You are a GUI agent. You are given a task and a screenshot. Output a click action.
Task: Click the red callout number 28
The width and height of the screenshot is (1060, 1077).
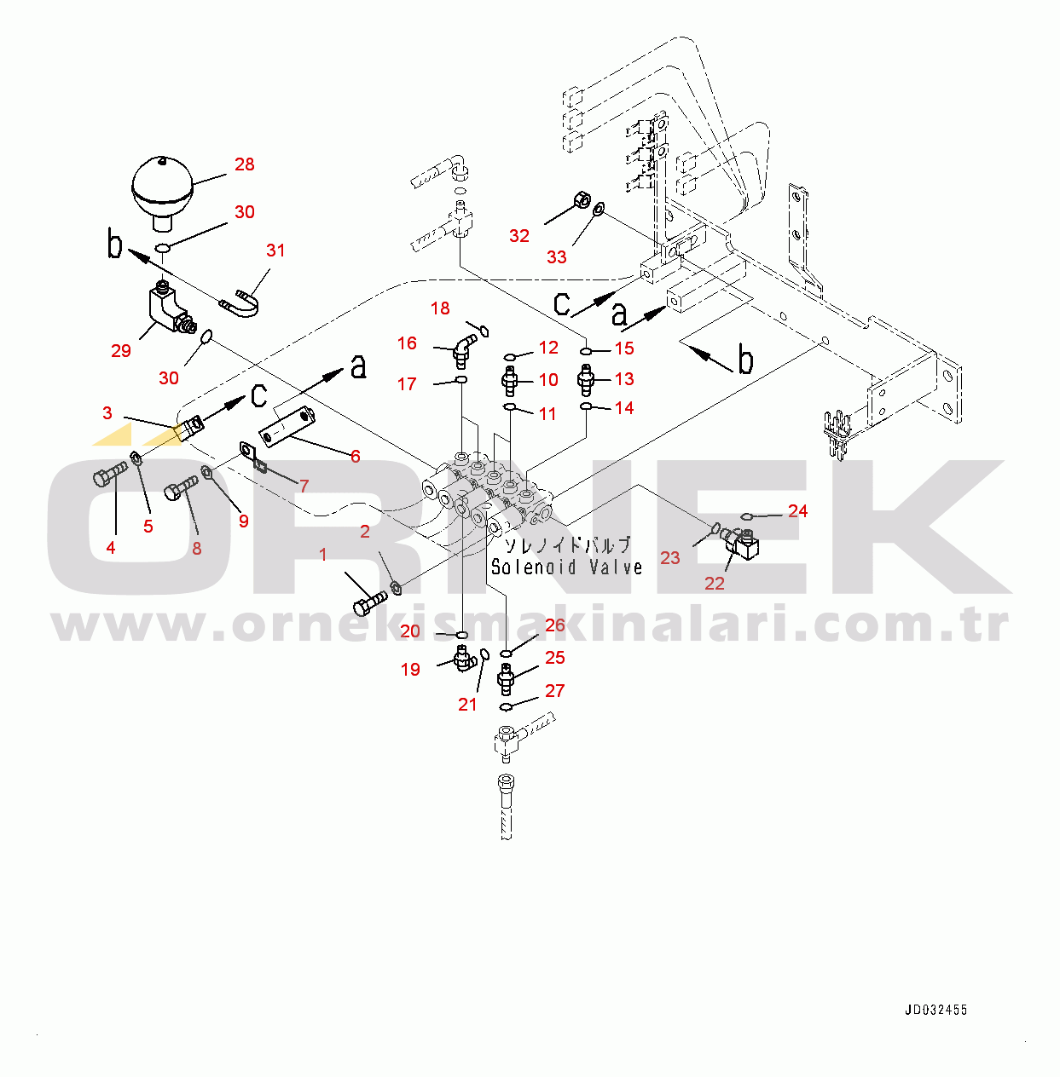click(x=245, y=164)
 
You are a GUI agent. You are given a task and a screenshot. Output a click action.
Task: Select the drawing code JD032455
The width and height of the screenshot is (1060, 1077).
click(x=935, y=1010)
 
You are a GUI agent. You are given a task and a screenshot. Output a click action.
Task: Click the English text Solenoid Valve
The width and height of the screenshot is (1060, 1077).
click(x=566, y=567)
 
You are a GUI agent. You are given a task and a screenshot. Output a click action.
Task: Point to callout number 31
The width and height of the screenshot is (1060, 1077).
click(x=275, y=251)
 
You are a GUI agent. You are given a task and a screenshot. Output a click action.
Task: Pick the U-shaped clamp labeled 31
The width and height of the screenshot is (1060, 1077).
click(x=240, y=303)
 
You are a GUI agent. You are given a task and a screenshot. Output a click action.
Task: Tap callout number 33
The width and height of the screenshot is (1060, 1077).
click(x=557, y=257)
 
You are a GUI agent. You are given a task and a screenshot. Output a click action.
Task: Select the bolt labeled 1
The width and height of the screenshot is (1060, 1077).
click(x=369, y=603)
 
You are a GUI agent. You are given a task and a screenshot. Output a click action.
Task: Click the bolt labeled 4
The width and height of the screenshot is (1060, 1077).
click(x=108, y=475)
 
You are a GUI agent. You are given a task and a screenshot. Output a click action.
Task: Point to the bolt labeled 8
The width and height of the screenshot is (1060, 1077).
click(x=181, y=488)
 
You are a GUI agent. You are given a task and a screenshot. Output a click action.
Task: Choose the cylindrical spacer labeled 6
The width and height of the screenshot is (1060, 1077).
click(x=287, y=427)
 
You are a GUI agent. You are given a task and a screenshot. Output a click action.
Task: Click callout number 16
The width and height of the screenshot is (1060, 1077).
click(x=408, y=343)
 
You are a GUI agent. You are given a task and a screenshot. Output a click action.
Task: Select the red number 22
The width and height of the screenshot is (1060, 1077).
click(x=715, y=584)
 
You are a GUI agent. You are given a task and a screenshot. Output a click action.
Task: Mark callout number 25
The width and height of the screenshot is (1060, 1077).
click(x=555, y=658)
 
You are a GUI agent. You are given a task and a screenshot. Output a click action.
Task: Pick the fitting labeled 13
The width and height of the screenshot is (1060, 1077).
click(x=584, y=380)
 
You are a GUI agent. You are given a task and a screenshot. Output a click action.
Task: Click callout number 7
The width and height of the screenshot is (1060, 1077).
click(x=304, y=486)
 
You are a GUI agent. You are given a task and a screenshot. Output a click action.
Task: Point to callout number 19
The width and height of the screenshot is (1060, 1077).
click(x=410, y=670)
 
